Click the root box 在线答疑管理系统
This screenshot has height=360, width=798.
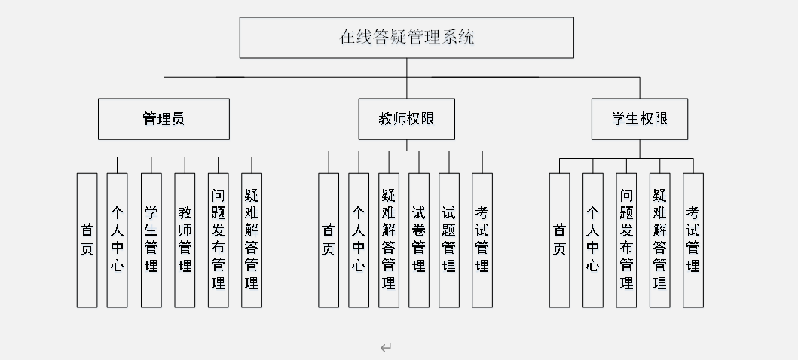(x=406, y=37)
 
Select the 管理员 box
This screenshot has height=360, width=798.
(x=164, y=118)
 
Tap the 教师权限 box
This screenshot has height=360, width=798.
(x=406, y=118)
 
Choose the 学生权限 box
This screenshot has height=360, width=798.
(x=639, y=118)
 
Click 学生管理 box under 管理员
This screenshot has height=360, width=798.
(x=151, y=239)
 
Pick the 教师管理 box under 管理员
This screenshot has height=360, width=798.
(x=185, y=239)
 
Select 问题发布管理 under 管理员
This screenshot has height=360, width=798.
(x=219, y=239)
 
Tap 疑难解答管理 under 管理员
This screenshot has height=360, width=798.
(x=252, y=239)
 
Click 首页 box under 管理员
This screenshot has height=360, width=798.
(x=87, y=239)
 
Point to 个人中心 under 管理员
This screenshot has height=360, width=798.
(x=117, y=239)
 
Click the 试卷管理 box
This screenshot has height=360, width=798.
(x=419, y=239)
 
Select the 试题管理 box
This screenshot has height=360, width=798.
(x=449, y=239)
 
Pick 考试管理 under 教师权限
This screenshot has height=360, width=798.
(x=482, y=239)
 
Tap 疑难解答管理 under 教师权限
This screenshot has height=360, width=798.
(x=389, y=239)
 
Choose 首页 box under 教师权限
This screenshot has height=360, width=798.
(x=328, y=239)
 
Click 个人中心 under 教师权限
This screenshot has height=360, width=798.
(x=359, y=239)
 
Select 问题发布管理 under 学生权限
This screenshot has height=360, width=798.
(x=626, y=239)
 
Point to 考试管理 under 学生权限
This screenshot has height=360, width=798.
(x=693, y=239)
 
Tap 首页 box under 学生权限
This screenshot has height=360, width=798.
(x=559, y=239)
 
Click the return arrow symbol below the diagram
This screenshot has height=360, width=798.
(x=386, y=347)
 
